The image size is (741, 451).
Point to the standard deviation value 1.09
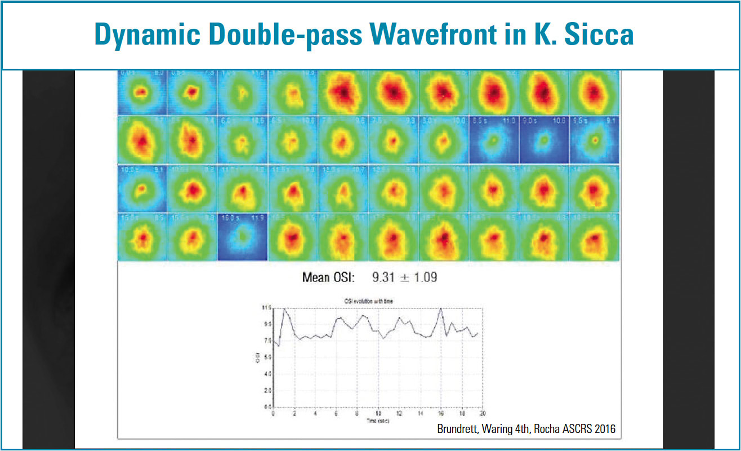[423, 277]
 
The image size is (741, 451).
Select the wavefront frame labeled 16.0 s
[243, 237]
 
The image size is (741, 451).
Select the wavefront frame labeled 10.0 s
[142, 188]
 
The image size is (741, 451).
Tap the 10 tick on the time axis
[378, 413]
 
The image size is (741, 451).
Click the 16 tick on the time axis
[440, 413]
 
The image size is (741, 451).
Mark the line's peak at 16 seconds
[440, 308]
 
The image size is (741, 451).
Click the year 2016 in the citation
[604, 429]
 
